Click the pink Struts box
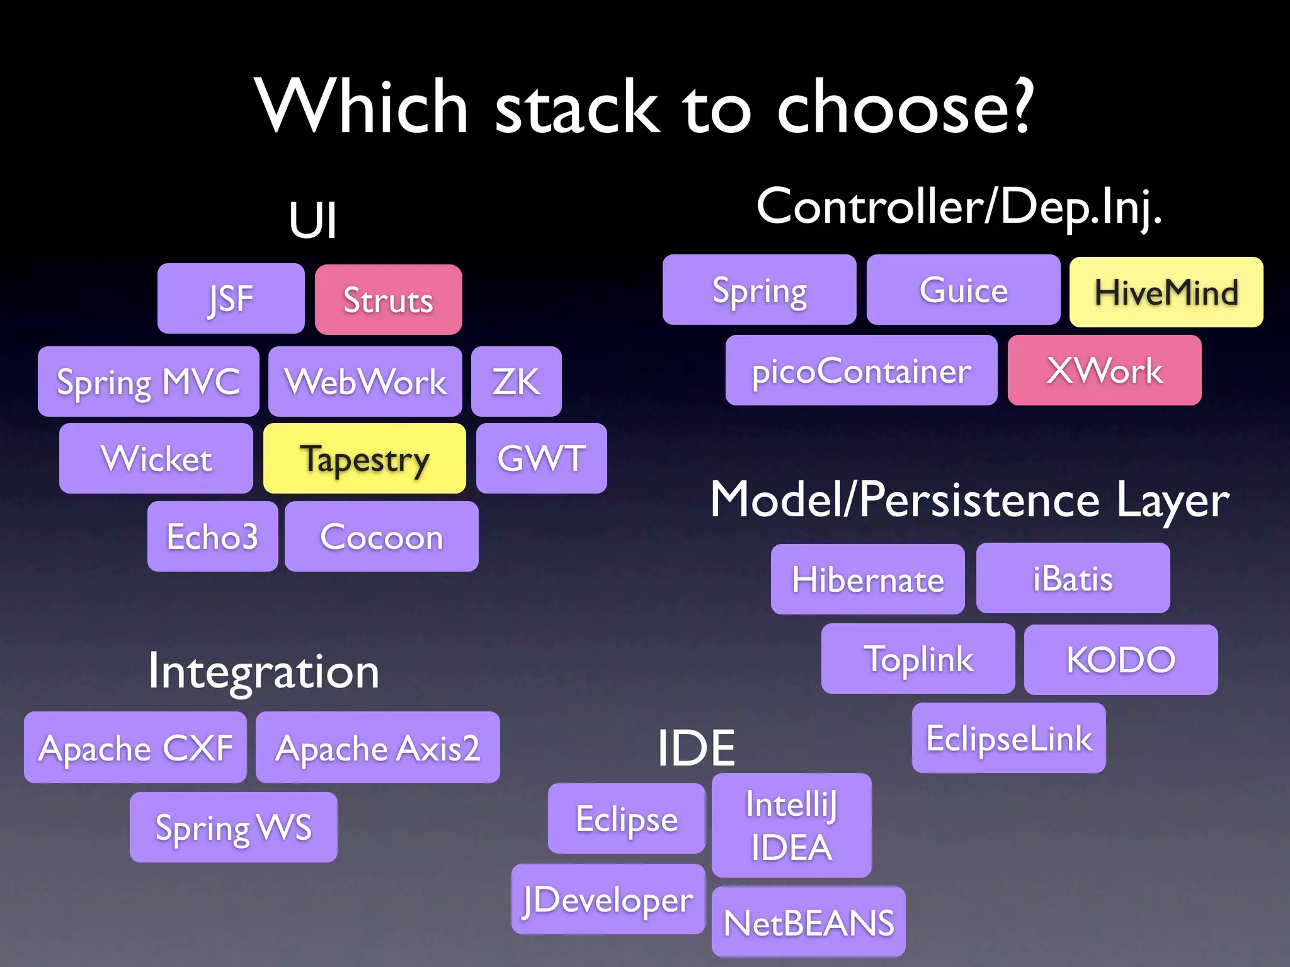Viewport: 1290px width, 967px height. coord(388,300)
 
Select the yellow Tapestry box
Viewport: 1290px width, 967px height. coord(364,458)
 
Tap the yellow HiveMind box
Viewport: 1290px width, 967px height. coord(1166,292)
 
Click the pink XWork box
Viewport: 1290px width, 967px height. coord(1104,370)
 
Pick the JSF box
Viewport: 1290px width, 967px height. coord(231,298)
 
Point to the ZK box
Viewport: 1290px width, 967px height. coord(516,382)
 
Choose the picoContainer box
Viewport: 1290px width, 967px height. coord(861,370)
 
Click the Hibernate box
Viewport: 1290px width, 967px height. coord(867,579)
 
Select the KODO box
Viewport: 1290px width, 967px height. coord(1121,660)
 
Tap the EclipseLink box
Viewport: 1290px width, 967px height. coord(1008,738)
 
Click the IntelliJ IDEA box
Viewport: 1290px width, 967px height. coord(791,825)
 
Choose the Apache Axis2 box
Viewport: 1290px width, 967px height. coord(377,748)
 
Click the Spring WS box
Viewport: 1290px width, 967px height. coord(233,827)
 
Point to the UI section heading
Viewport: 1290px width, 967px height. coord(313,220)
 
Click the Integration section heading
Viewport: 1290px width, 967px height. coord(263,671)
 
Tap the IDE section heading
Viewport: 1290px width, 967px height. coord(696,748)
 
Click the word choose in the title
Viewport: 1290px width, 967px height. coord(905,107)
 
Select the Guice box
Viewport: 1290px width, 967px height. coord(963,290)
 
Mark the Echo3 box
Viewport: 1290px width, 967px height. coord(212,536)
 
